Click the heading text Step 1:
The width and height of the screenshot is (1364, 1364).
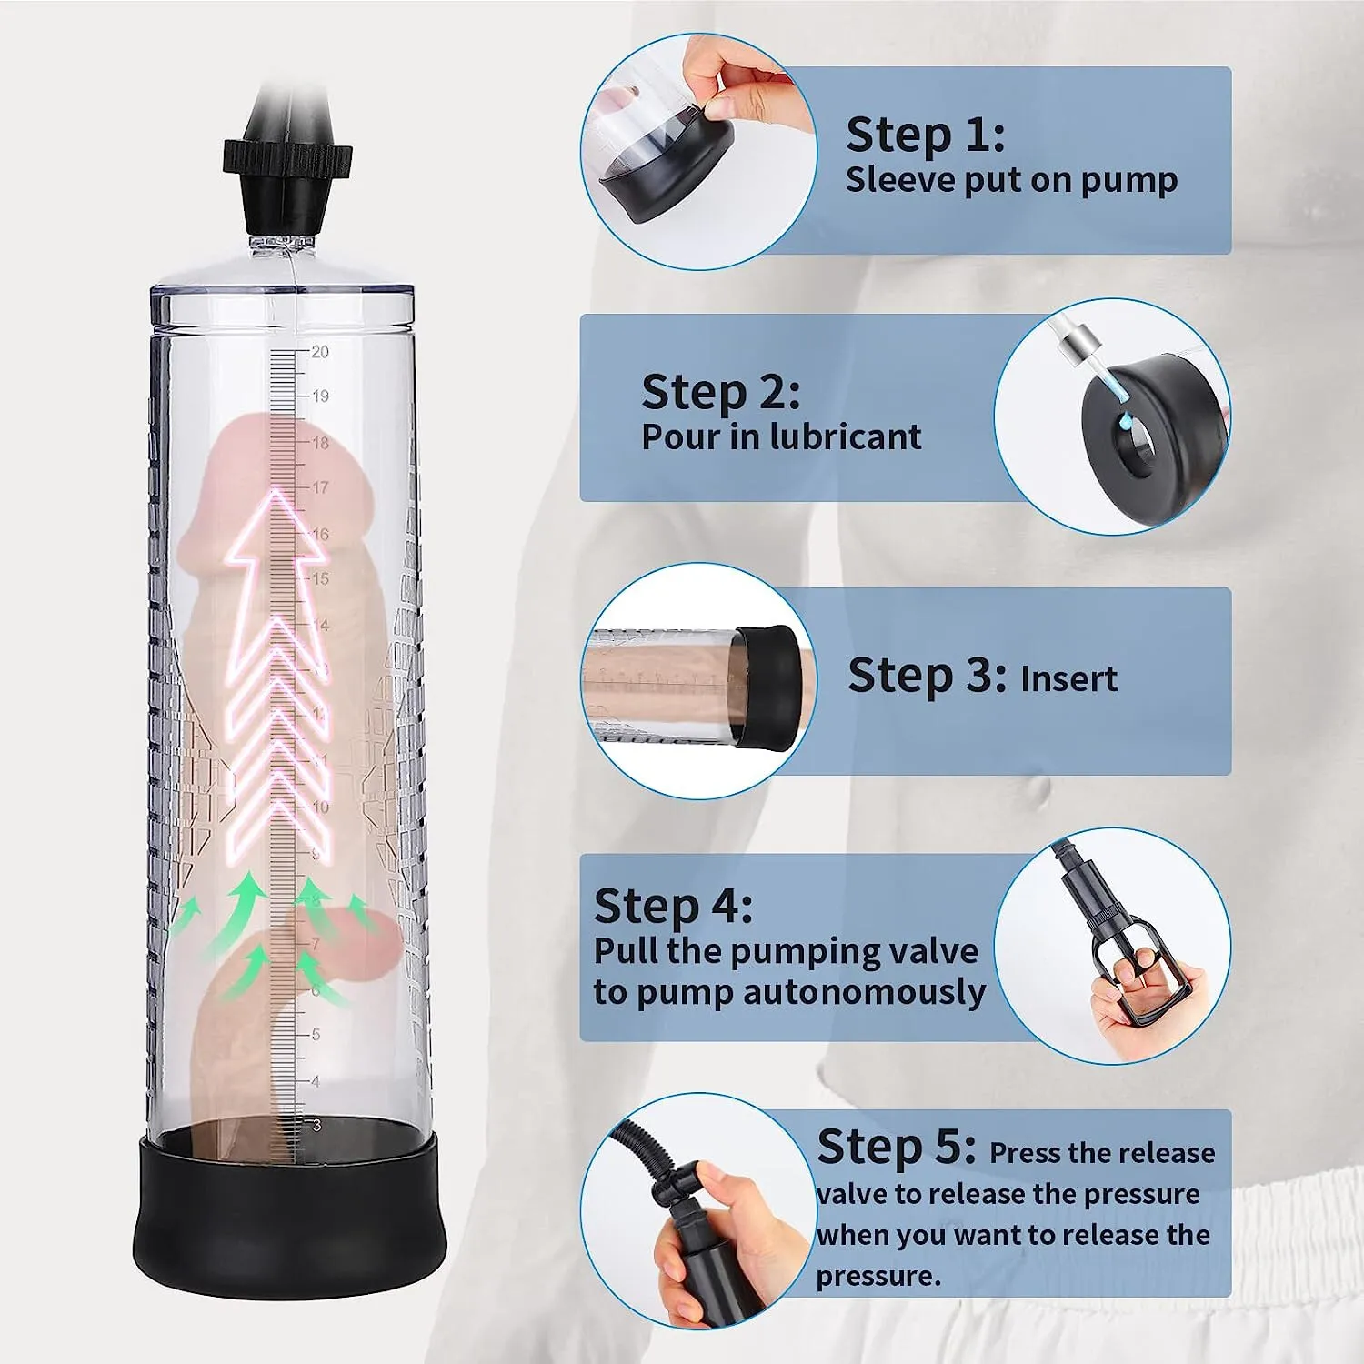[925, 135]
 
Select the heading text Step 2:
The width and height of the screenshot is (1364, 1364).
[720, 392]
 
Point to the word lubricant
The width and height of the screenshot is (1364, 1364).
[845, 437]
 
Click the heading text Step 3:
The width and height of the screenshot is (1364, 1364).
[926, 676]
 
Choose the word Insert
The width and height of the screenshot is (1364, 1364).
[1068, 678]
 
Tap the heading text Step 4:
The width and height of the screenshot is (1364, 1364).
[673, 906]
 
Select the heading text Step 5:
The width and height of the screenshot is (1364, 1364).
[896, 1147]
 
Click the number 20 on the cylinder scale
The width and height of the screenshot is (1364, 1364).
[320, 352]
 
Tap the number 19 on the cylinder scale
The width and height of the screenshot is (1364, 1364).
[320, 396]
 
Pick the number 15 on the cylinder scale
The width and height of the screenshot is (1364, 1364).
[320, 578]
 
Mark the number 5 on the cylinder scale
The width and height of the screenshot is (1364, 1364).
[316, 1035]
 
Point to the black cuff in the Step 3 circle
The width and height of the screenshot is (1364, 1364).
[769, 687]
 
